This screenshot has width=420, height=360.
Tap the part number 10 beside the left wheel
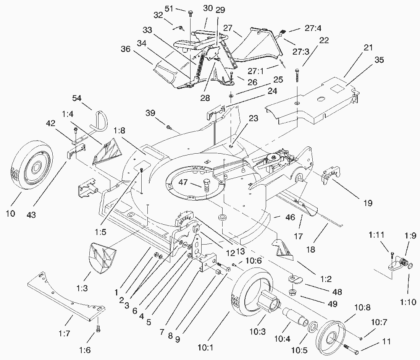pyautogui.click(x=11, y=213)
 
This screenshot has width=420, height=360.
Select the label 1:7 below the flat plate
pyautogui.click(x=65, y=334)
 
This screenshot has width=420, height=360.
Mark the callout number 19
pyautogui.click(x=368, y=203)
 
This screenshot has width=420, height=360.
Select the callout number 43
pyautogui.click(x=31, y=215)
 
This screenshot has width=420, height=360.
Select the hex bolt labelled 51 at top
pyautogui.click(x=190, y=14)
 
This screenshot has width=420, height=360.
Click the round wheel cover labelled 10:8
pyautogui.click(x=330, y=335)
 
